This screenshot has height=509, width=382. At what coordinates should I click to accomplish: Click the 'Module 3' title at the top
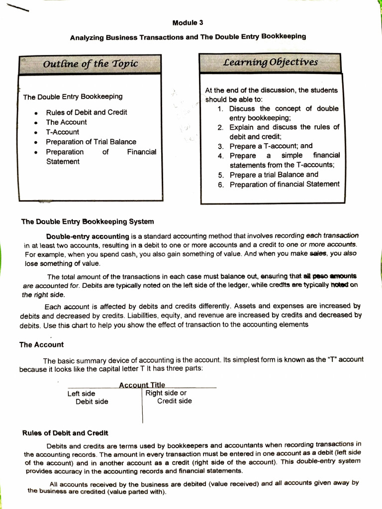click(x=188, y=23)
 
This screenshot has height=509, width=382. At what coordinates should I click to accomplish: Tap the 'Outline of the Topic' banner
click(x=90, y=64)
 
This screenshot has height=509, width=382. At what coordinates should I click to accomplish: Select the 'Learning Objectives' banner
click(x=271, y=63)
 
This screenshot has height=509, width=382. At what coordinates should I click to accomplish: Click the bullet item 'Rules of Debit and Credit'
click(x=86, y=112)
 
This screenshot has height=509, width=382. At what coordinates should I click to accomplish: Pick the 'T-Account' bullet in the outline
click(x=62, y=132)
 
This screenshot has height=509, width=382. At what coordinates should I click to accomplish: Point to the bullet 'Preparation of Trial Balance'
click(x=91, y=142)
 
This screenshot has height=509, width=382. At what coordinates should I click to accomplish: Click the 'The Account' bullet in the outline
click(x=66, y=122)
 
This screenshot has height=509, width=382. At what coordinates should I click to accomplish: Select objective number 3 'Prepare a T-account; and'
click(x=271, y=146)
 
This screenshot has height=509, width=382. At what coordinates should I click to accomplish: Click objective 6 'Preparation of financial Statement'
click(x=284, y=184)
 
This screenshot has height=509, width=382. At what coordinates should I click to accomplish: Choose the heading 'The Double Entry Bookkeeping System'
click(x=88, y=221)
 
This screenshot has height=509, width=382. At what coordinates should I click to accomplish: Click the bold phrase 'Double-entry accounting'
click(x=87, y=236)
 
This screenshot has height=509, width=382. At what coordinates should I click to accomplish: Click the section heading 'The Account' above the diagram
click(x=41, y=344)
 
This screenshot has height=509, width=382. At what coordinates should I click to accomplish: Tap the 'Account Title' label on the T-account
click(x=142, y=384)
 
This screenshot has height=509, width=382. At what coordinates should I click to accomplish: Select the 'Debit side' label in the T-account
click(x=92, y=402)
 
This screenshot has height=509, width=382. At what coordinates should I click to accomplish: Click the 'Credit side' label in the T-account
click(x=174, y=401)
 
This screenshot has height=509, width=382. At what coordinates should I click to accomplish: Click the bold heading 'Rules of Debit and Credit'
click(x=65, y=433)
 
